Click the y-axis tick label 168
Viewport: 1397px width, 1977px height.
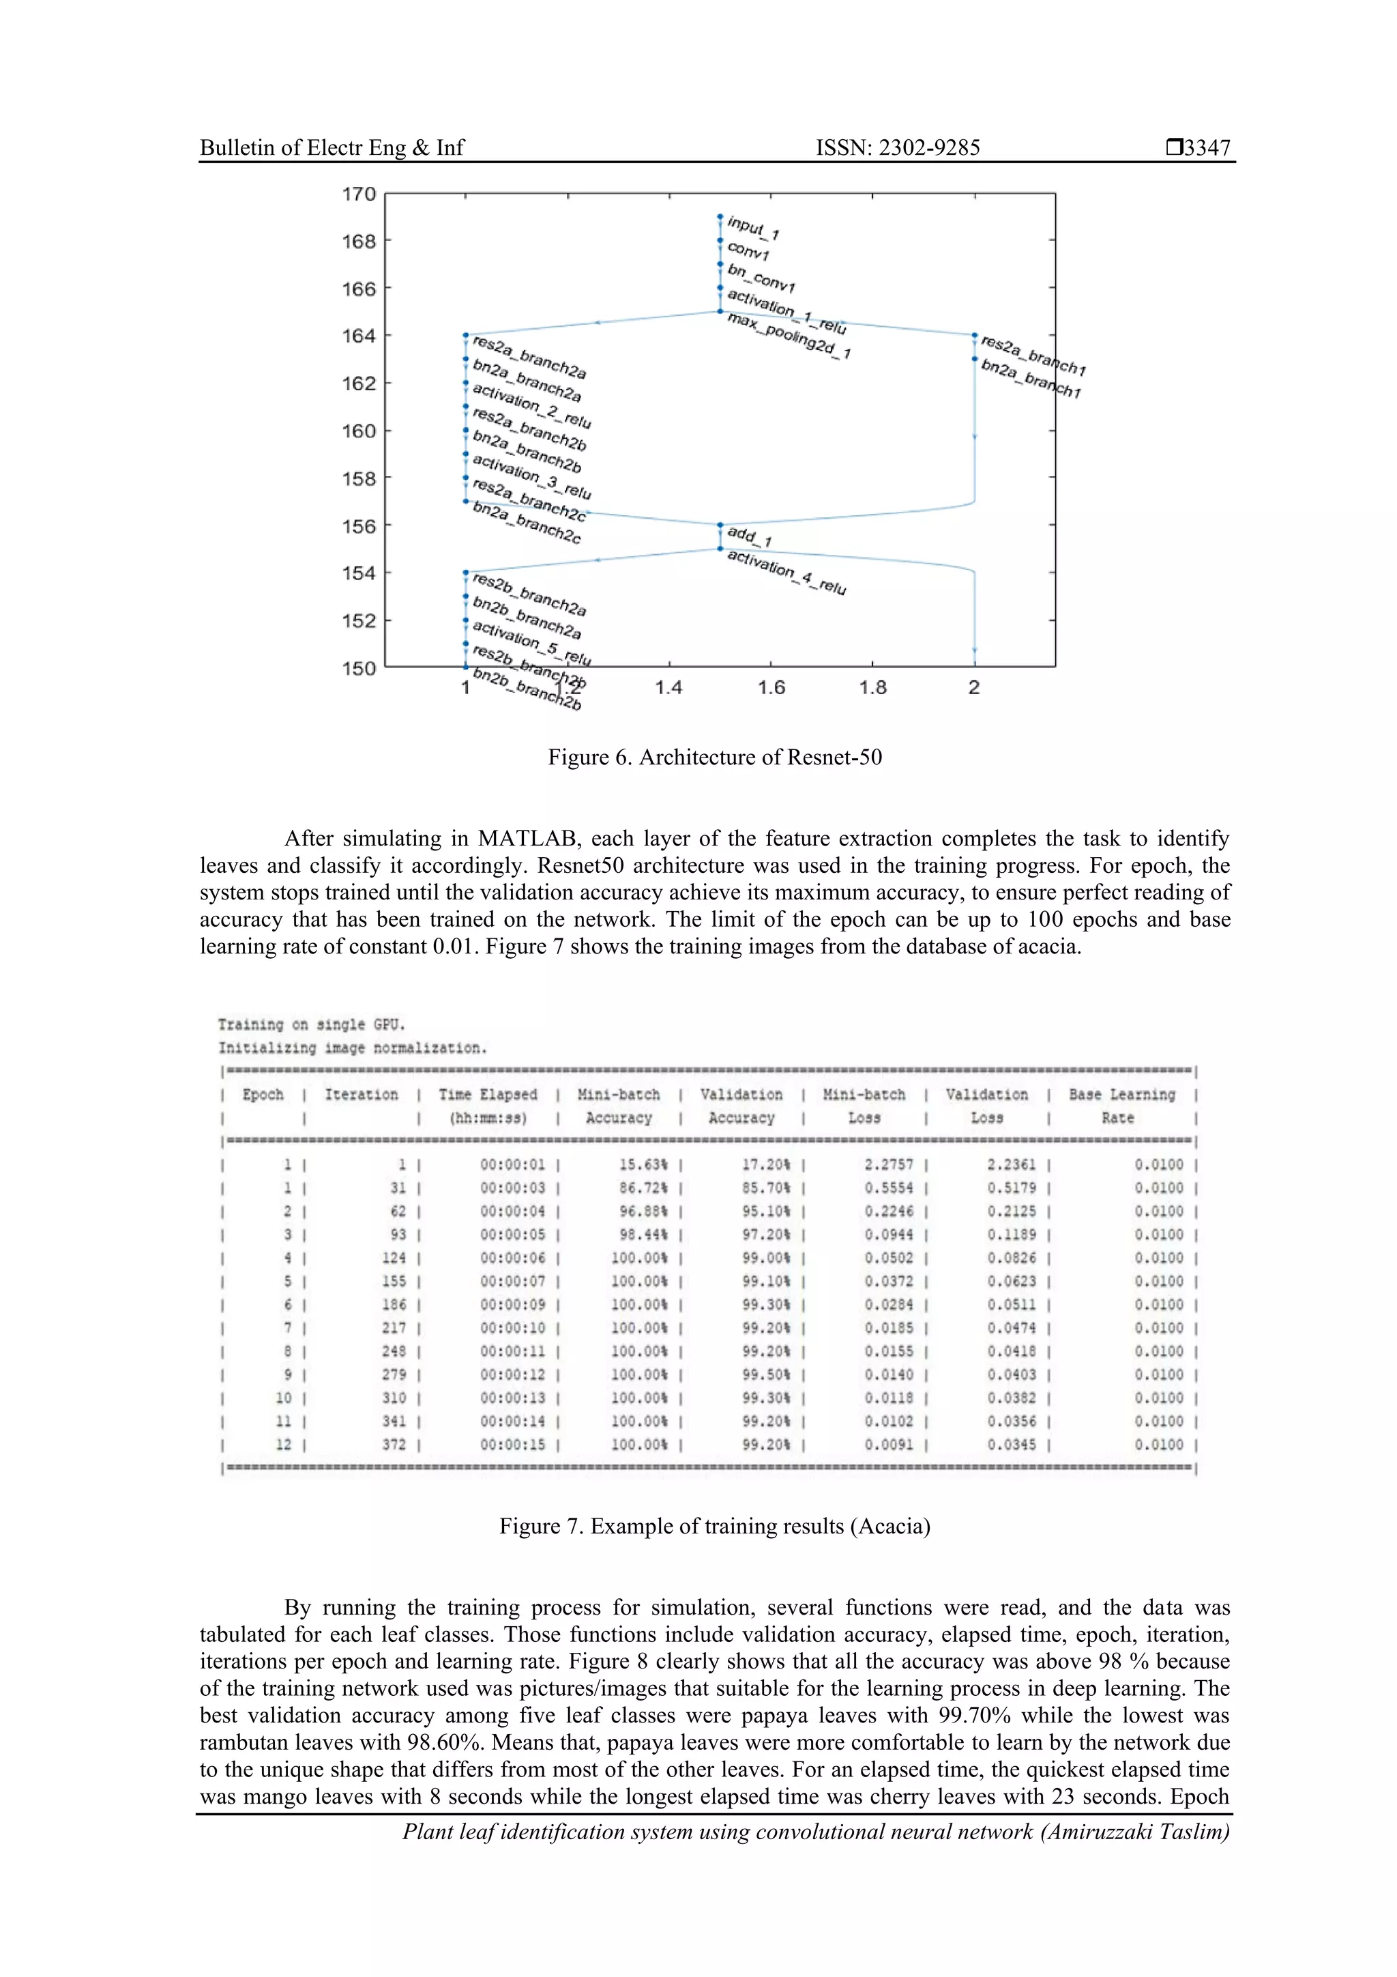(359, 241)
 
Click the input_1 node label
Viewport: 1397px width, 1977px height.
(753, 227)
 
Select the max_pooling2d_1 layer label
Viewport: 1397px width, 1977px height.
(789, 336)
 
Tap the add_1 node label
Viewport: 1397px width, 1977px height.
(749, 536)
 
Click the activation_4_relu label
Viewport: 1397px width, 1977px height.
(786, 573)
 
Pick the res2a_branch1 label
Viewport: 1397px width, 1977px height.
(1032, 356)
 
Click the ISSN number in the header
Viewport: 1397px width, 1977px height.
(897, 148)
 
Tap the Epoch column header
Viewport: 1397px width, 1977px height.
(263, 1095)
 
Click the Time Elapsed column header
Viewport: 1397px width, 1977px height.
(487, 1095)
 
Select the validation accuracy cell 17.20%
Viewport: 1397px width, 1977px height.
(765, 1164)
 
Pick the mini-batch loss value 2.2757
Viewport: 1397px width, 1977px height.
(888, 1164)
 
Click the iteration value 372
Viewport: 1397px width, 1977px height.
(394, 1444)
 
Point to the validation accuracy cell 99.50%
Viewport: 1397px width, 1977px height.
(765, 1374)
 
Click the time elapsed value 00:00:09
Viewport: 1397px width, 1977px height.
(512, 1305)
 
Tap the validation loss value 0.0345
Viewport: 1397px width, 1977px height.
(1012, 1444)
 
